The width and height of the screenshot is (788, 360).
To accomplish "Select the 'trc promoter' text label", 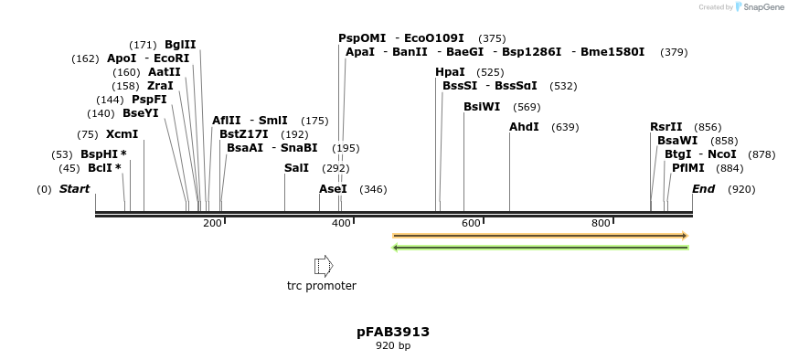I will (x=322, y=286).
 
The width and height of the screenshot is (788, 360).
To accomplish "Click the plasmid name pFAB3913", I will (x=393, y=332).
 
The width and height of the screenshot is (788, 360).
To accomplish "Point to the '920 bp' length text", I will (x=393, y=345).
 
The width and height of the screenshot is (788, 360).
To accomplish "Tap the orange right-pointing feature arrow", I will (x=539, y=236).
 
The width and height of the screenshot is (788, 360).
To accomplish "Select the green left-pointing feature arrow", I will (x=539, y=248).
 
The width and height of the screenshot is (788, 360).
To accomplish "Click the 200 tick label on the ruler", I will (x=212, y=223).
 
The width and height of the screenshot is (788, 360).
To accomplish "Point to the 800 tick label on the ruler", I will (x=601, y=223).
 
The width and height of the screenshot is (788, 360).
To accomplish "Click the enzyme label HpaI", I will (x=450, y=72).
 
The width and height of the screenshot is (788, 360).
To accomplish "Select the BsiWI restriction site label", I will (x=482, y=107).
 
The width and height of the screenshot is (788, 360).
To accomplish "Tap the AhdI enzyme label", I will (x=524, y=127).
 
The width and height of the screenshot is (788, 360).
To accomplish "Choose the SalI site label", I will (x=297, y=168).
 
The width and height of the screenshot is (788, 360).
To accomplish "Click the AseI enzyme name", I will (x=333, y=189).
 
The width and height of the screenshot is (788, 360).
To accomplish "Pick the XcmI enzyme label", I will (x=122, y=134).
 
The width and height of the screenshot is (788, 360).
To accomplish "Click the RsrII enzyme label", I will (x=666, y=127).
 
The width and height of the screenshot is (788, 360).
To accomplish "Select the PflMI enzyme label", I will (x=688, y=168).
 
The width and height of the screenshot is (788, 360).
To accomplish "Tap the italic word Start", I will (x=75, y=189).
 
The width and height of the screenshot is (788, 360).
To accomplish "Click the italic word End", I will (x=703, y=189).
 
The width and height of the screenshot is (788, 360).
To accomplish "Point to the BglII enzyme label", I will (x=180, y=45).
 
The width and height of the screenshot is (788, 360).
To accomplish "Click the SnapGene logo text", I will (x=761, y=7).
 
